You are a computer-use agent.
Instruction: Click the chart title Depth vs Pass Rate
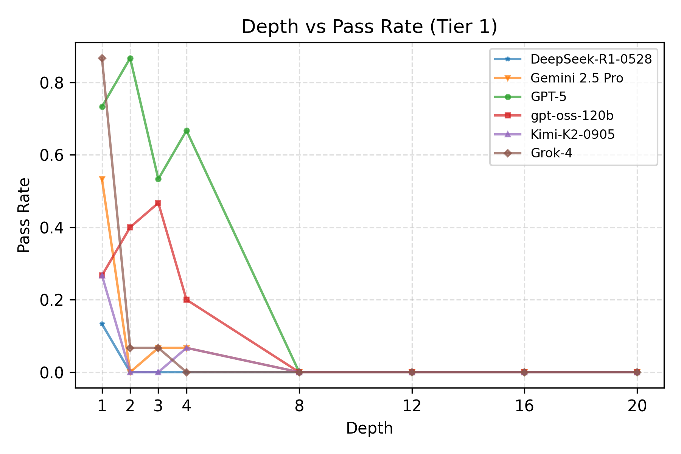click(x=369, y=27)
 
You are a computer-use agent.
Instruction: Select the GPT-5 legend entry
click(x=548, y=97)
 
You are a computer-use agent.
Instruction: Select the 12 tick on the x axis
click(x=412, y=406)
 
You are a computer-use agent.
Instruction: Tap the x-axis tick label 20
click(x=637, y=406)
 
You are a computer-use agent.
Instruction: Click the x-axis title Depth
click(x=369, y=429)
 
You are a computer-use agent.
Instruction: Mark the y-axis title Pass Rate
click(x=24, y=215)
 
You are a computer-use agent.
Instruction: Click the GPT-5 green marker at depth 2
click(x=130, y=59)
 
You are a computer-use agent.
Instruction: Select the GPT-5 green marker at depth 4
click(x=187, y=131)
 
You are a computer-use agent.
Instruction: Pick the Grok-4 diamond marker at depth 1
click(x=102, y=58)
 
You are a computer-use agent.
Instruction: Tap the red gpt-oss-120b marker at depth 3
click(x=158, y=203)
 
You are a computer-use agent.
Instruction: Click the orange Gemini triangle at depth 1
click(x=102, y=179)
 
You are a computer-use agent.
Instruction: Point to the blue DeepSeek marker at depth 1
click(x=102, y=324)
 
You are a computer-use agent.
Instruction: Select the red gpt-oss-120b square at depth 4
click(x=187, y=300)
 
